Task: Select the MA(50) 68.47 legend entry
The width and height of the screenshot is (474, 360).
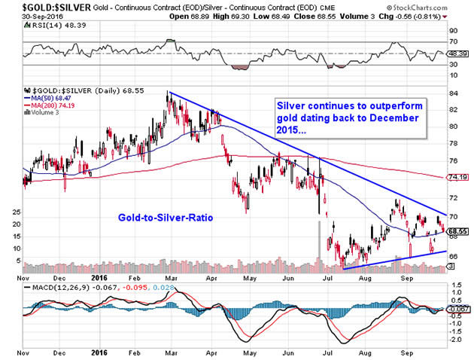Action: pos(50,97)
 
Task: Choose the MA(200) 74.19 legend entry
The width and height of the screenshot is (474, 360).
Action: pos(53,105)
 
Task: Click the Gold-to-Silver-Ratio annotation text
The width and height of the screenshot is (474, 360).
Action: pos(166,216)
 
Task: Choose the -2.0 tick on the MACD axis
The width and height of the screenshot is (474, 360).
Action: pos(454,340)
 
